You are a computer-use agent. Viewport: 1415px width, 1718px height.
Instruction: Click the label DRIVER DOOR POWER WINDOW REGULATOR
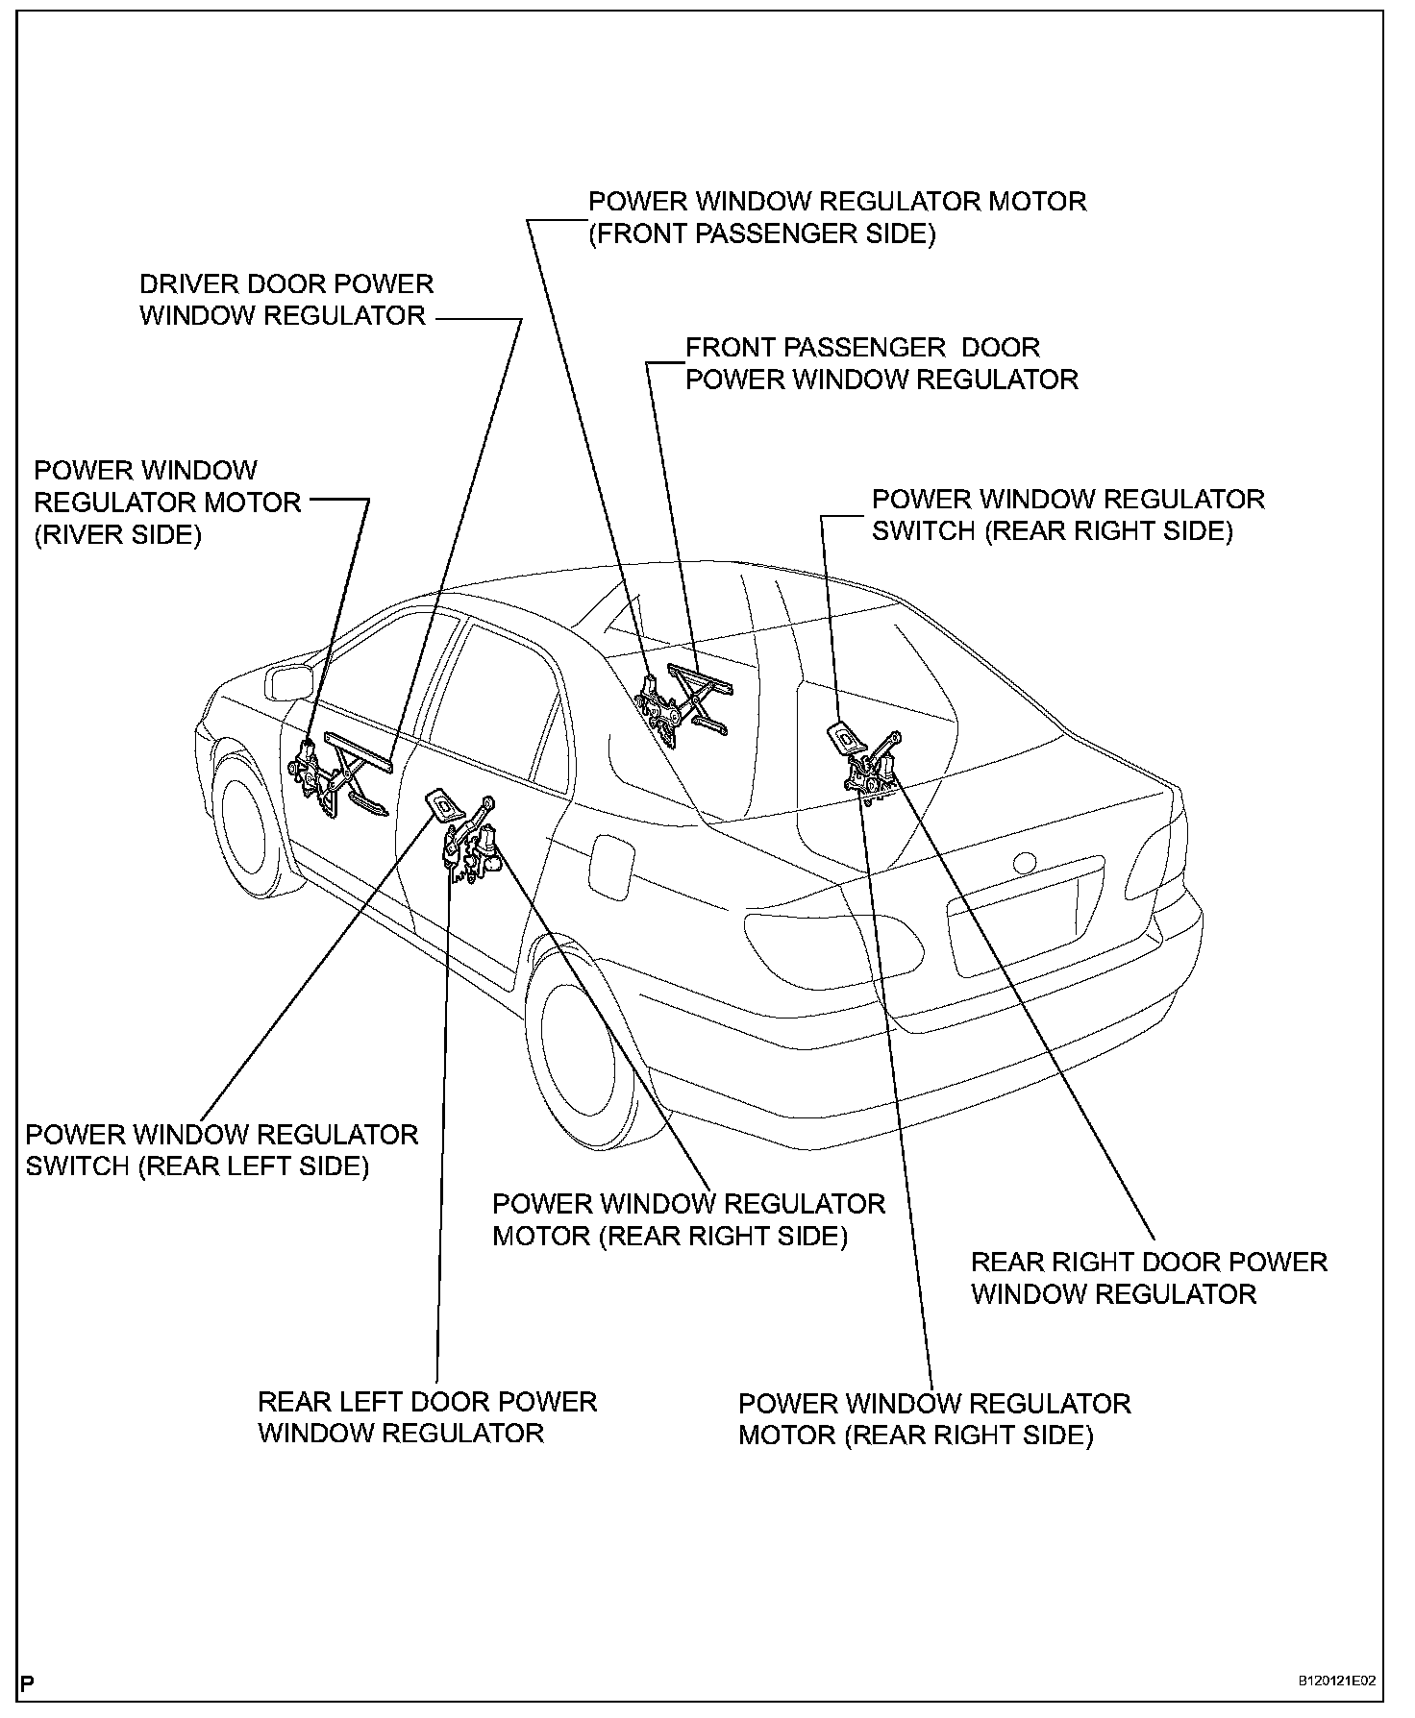(285, 300)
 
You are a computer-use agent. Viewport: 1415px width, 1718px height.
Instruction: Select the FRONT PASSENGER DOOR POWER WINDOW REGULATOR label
(881, 363)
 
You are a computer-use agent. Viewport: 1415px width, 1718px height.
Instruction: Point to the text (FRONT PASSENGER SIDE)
(761, 233)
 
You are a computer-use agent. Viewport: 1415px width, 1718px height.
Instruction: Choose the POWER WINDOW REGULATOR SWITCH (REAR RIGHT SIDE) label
(1067, 515)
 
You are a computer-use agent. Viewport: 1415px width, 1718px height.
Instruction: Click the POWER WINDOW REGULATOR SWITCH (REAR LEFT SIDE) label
(221, 1150)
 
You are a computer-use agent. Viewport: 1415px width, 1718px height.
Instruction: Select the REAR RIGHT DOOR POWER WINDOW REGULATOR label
(1148, 1277)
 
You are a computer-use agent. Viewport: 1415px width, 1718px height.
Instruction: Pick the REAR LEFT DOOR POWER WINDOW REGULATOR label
(427, 1417)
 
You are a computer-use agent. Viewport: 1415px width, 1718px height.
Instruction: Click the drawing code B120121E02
(1336, 1681)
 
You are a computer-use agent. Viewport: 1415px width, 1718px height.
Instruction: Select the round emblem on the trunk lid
(1025, 862)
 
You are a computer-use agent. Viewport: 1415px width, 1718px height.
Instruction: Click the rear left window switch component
(441, 803)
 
